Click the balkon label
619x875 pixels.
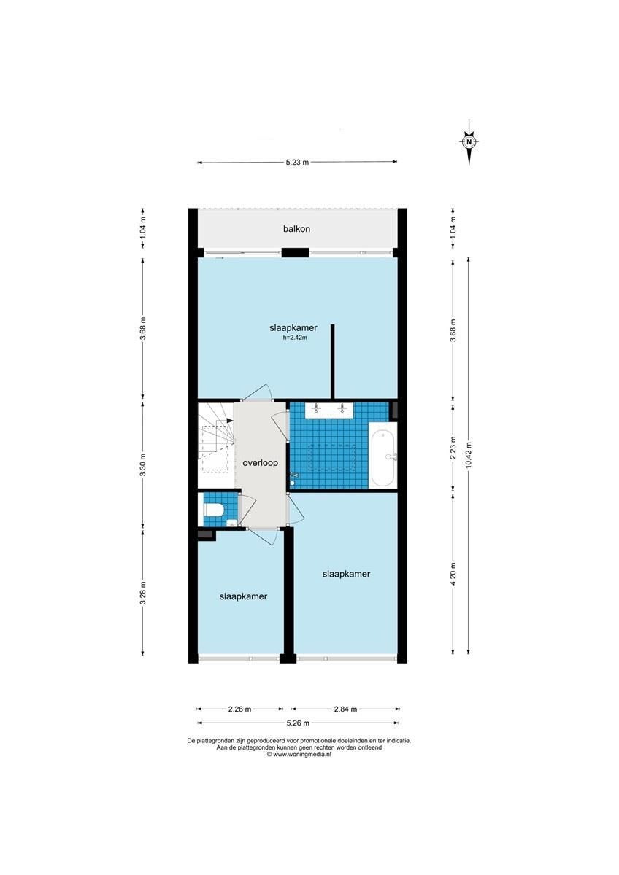click(296, 228)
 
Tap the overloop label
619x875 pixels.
click(260, 463)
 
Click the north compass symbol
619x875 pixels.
click(469, 142)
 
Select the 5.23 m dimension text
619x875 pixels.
click(297, 162)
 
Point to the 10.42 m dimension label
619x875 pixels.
click(469, 455)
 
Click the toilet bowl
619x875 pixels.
click(214, 510)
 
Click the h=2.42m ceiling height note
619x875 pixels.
click(295, 338)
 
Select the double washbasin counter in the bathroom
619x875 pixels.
click(329, 410)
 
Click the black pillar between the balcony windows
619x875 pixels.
click(295, 253)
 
